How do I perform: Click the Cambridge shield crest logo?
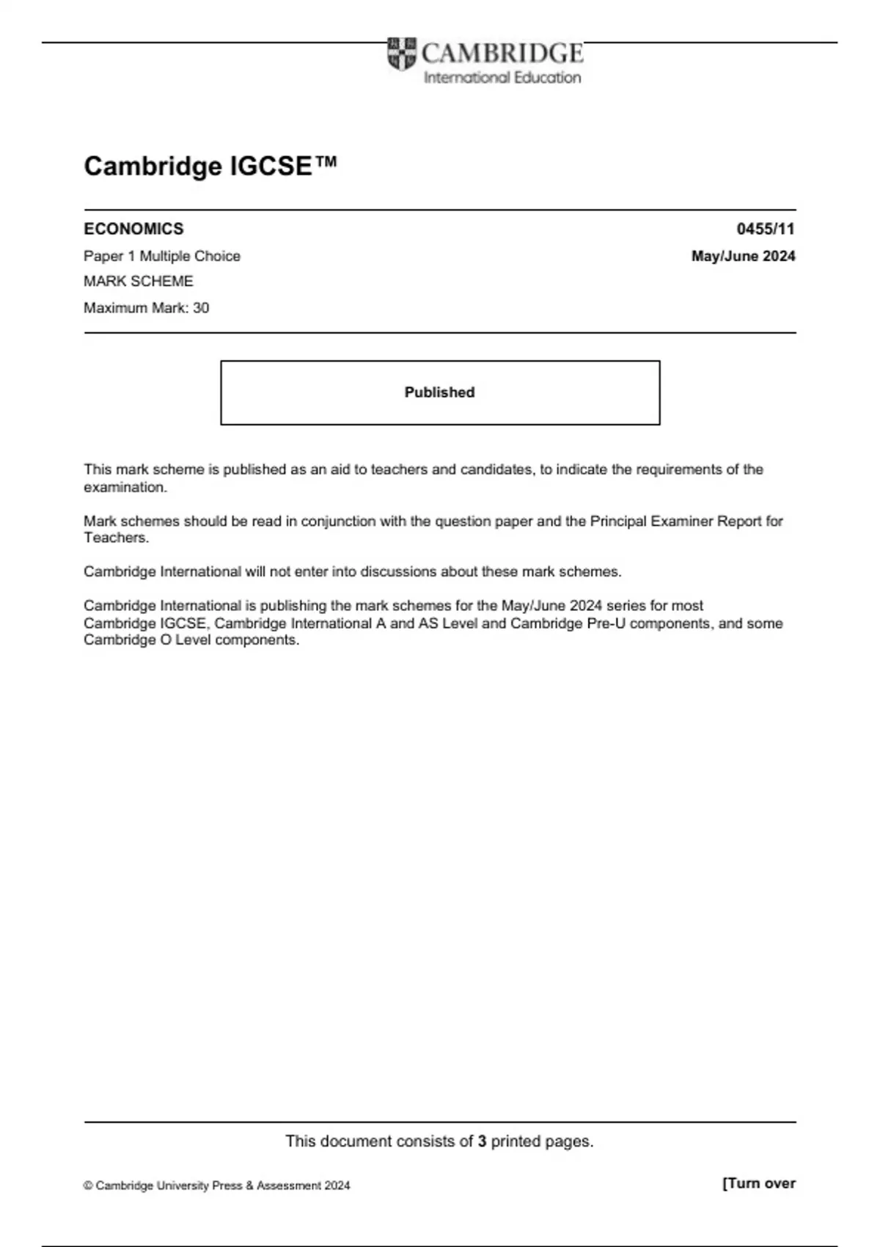[x=401, y=54]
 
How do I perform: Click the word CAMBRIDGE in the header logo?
[x=502, y=54]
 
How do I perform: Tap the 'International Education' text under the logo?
[x=502, y=78]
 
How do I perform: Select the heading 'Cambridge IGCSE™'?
[x=210, y=166]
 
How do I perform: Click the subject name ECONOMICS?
[x=133, y=229]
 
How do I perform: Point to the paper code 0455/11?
[x=766, y=229]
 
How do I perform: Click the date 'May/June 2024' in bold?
[x=743, y=256]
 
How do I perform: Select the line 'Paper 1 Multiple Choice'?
[x=162, y=256]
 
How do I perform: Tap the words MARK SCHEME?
[x=139, y=282]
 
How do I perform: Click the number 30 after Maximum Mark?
[x=201, y=308]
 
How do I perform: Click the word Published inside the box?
[x=439, y=392]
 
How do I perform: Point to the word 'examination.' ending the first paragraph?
[x=125, y=487]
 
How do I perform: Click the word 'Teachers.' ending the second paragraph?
[x=116, y=538]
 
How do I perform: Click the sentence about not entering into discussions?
[x=352, y=571]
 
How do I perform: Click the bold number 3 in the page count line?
[x=482, y=1141]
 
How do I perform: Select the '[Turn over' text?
[x=758, y=1183]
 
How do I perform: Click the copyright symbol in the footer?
[x=88, y=1185]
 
